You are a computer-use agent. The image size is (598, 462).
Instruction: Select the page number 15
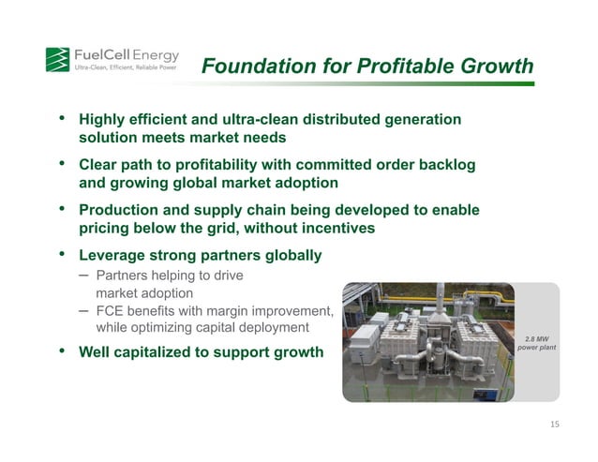coord(554,425)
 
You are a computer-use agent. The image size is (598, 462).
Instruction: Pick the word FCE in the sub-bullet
coord(112,310)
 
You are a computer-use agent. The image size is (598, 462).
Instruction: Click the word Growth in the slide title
coord(501,67)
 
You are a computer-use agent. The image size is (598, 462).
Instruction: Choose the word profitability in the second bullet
coord(220,165)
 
